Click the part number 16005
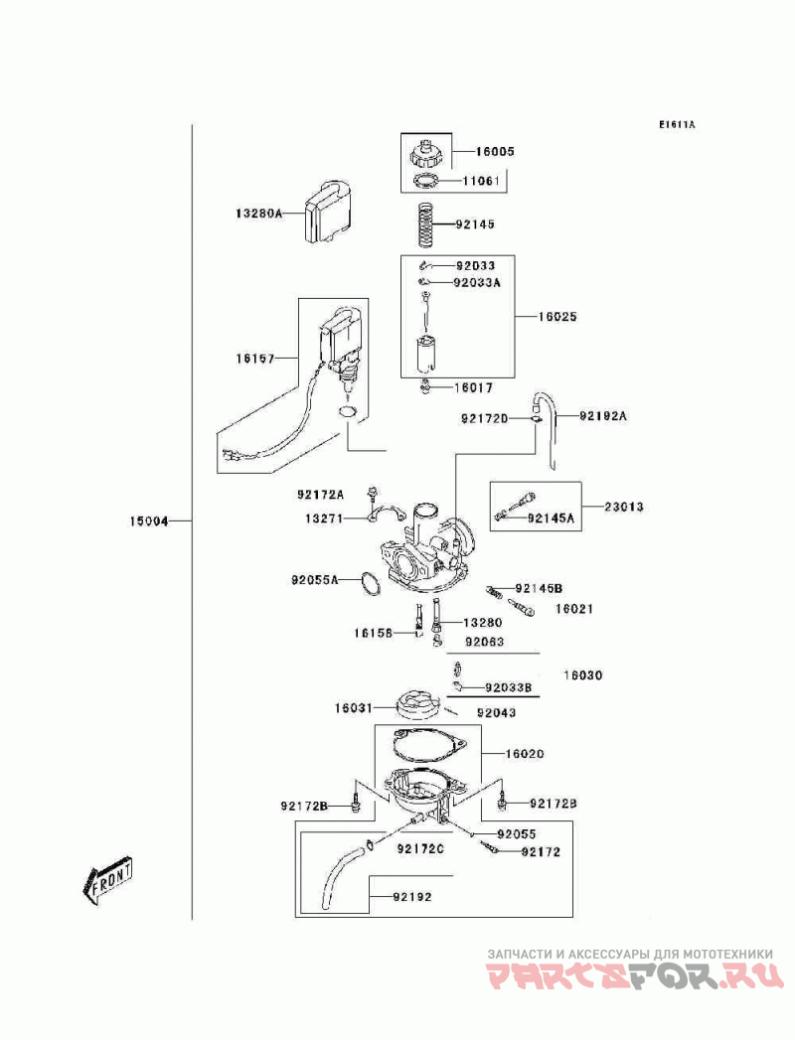point(494,151)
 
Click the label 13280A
point(258,213)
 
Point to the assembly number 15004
point(149,521)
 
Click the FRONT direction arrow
point(108,880)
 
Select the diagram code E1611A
point(677,124)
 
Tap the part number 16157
point(254,359)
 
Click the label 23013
point(624,507)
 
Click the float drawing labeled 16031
point(417,704)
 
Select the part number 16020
point(525,754)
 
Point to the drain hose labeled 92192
point(339,875)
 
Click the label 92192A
point(602,416)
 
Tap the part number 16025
point(557,317)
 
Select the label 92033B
point(509,687)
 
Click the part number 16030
point(582,675)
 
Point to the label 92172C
point(420,848)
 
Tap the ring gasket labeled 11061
point(425,180)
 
